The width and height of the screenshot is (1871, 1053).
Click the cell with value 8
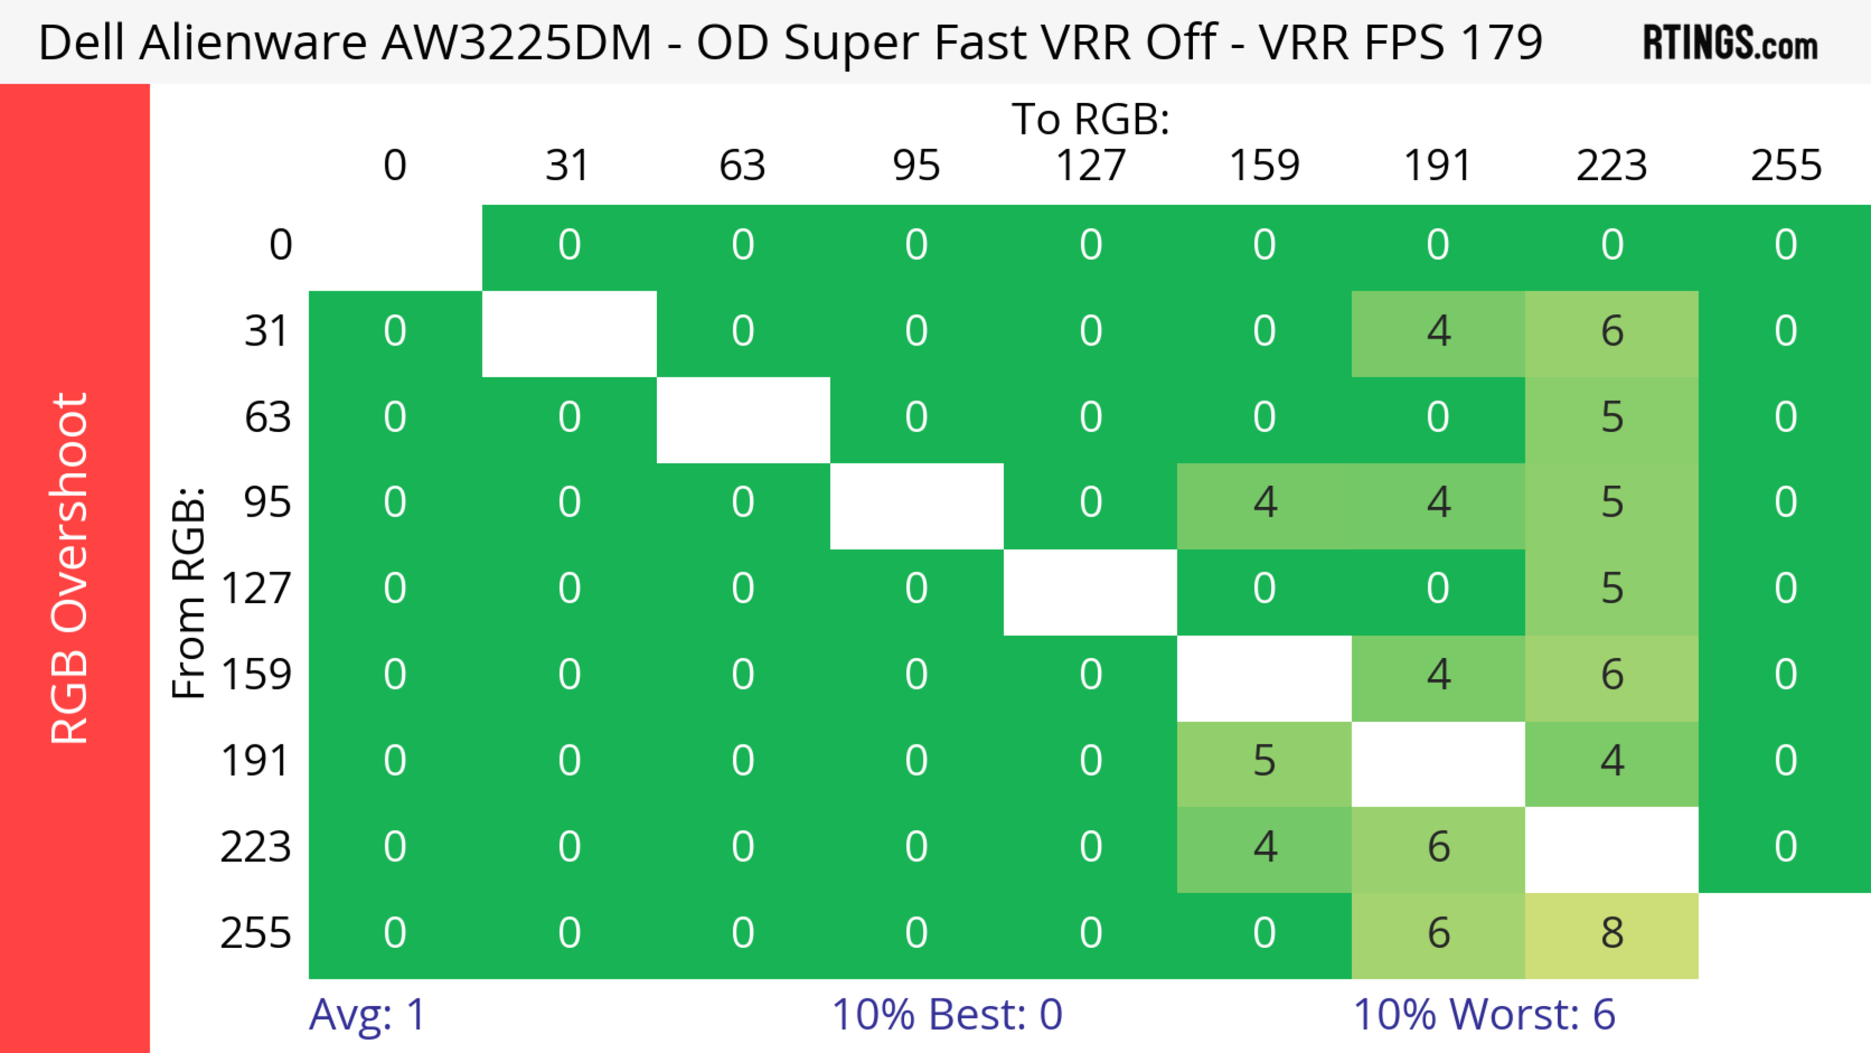coord(1612,935)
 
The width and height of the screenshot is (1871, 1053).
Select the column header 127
coord(1090,166)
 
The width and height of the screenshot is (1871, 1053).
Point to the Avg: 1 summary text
coord(367,1015)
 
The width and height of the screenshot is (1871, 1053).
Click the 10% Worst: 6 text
coord(1484,1015)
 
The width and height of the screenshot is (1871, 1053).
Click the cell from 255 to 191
coord(1438,935)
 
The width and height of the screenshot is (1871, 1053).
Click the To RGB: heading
coord(1090,119)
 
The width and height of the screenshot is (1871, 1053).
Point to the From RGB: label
coord(189,593)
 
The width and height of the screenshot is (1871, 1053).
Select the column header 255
coord(1786,166)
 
